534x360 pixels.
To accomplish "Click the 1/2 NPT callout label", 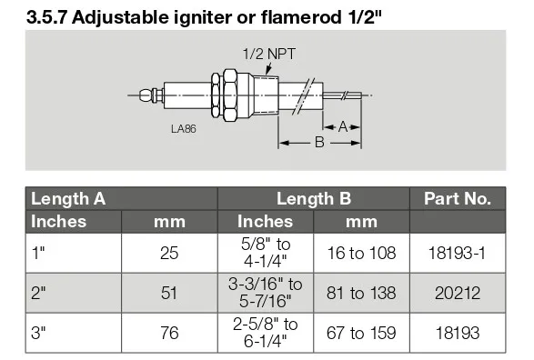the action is [x=269, y=55].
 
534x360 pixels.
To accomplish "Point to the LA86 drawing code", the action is [x=184, y=128].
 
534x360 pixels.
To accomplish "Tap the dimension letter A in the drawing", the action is [x=343, y=127].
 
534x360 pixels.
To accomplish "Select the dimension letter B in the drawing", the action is [x=319, y=142].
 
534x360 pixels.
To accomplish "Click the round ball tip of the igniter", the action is [x=146, y=95].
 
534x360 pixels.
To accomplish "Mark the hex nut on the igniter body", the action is [x=229, y=95].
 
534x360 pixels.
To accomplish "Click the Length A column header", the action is [x=68, y=199].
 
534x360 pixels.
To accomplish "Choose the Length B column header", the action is [x=314, y=199].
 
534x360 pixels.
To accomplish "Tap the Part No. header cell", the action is [x=458, y=199].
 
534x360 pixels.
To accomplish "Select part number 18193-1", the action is [x=457, y=253].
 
